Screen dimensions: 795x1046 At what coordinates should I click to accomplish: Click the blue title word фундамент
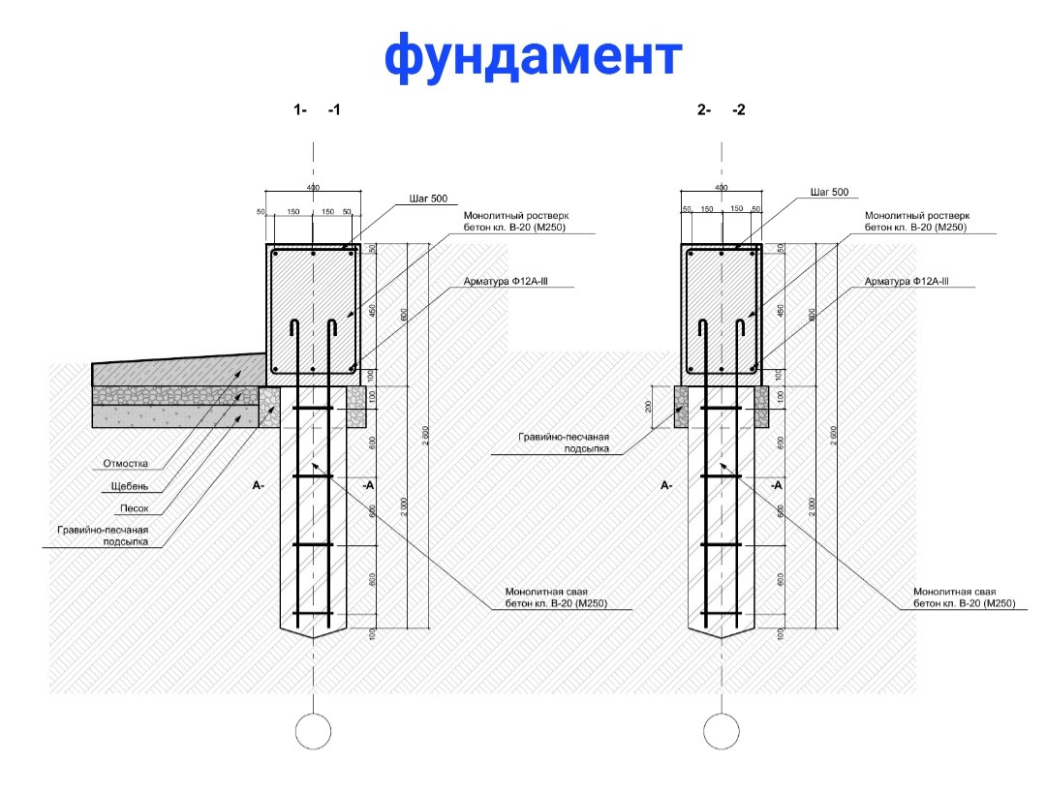534,56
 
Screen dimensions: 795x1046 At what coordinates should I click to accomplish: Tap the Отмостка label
126,464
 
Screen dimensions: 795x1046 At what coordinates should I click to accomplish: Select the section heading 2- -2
722,110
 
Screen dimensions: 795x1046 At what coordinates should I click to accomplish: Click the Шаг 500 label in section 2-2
829,193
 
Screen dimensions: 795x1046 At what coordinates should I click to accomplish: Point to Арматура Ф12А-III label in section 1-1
513,281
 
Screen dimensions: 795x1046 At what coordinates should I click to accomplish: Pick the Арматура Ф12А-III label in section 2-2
907,281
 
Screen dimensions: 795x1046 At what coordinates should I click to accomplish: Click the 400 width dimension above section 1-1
313,187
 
